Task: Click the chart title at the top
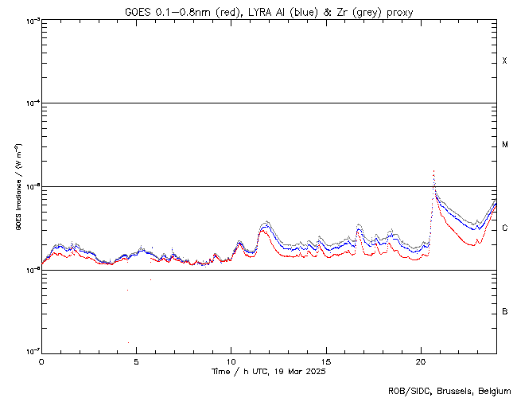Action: pyautogui.click(x=269, y=10)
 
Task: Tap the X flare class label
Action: pyautogui.click(x=505, y=61)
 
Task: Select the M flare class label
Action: pyautogui.click(x=505, y=145)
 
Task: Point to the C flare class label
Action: pyautogui.click(x=505, y=228)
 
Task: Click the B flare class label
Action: pyautogui.click(x=505, y=311)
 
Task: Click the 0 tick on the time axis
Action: pyautogui.click(x=41, y=361)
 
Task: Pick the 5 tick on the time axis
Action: pyautogui.click(x=136, y=361)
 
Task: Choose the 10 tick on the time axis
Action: pyautogui.click(x=231, y=361)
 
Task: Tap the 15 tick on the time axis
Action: pyautogui.click(x=325, y=361)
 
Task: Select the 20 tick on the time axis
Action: pyautogui.click(x=421, y=361)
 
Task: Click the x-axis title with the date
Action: pyautogui.click(x=269, y=372)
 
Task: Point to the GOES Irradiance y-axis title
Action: pyautogui.click(x=17, y=186)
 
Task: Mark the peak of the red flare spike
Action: pyautogui.click(x=433, y=170)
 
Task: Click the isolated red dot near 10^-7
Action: pyautogui.click(x=128, y=343)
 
